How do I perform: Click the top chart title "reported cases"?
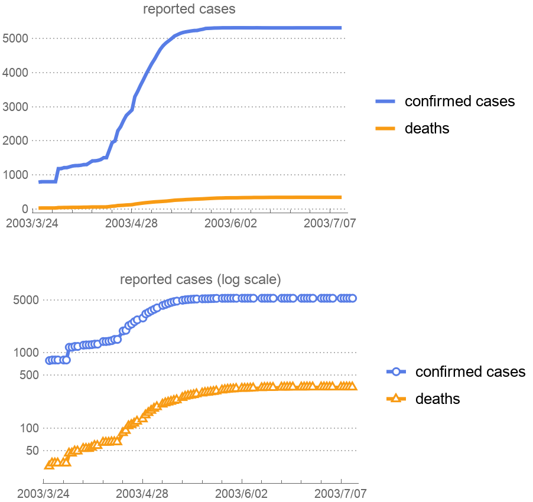pyautogui.click(x=189, y=9)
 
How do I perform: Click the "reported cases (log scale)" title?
pyautogui.click(x=200, y=279)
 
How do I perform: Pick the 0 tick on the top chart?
pyautogui.click(x=25, y=209)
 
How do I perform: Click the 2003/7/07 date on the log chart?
pyautogui.click(x=341, y=493)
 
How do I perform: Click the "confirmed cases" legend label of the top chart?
pyautogui.click(x=460, y=101)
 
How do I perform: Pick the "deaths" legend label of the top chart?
pyautogui.click(x=427, y=128)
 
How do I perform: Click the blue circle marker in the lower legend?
pyautogui.click(x=397, y=371)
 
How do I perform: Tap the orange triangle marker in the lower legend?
pyautogui.click(x=397, y=399)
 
